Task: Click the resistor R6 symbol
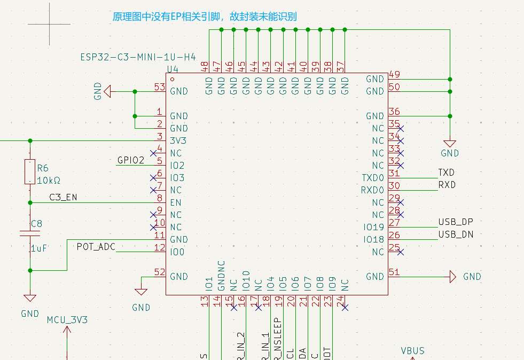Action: click(x=30, y=171)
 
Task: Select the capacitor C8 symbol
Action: click(x=30, y=233)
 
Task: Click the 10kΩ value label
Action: click(x=49, y=180)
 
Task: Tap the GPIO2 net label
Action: click(x=130, y=160)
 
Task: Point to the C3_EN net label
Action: click(x=63, y=197)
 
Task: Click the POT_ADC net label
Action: click(x=96, y=246)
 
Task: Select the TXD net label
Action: click(x=446, y=173)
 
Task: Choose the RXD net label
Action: click(x=447, y=185)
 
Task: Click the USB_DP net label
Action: click(x=456, y=222)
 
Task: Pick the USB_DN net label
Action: click(x=456, y=234)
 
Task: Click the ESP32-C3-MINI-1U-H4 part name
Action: click(x=138, y=57)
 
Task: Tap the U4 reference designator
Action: click(x=173, y=69)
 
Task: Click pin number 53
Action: click(x=159, y=87)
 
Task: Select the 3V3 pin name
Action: click(x=179, y=141)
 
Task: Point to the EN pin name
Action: click(x=175, y=203)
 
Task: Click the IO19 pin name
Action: click(x=373, y=228)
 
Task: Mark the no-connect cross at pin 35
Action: click(x=401, y=128)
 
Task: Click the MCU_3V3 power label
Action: click(x=67, y=320)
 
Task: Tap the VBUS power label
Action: click(x=413, y=351)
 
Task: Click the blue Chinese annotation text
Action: click(x=204, y=17)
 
